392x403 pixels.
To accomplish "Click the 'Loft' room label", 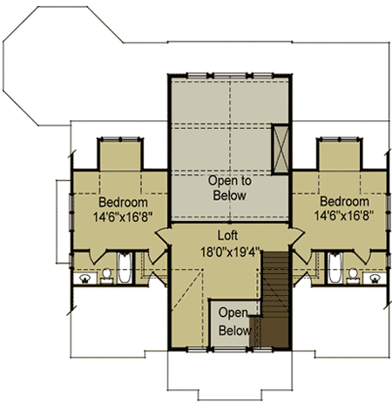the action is point(227,236).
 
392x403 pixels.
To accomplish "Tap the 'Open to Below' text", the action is point(229,188).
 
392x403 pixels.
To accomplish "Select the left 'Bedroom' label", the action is point(123,202).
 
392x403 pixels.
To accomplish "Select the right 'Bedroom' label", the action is point(344,201).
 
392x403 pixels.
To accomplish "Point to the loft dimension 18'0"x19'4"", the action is point(230,252).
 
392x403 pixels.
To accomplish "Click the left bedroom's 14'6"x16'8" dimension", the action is point(123,217).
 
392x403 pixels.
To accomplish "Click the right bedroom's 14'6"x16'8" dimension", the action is point(344,216).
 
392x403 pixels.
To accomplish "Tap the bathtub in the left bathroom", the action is point(125,268).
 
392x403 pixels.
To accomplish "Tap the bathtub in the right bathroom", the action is point(335,267).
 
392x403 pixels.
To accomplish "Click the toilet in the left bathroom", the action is point(106,276).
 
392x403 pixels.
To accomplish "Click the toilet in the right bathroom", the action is point(353,276).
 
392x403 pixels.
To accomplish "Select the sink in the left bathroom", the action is point(84,279).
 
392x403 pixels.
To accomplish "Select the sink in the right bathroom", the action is point(375,279).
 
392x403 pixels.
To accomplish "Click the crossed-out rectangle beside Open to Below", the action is point(280,150).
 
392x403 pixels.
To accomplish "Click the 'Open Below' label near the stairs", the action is point(234,322).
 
